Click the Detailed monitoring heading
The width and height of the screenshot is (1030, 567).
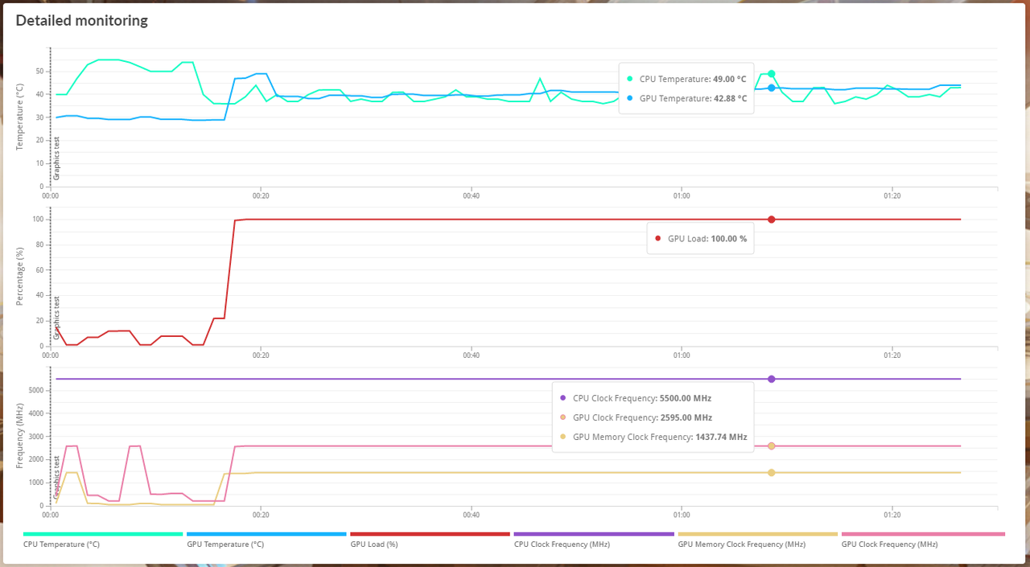(x=81, y=21)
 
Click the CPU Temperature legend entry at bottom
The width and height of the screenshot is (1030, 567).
(x=61, y=544)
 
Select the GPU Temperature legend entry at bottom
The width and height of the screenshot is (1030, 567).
(x=225, y=544)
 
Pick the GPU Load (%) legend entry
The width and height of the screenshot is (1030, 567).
(x=374, y=544)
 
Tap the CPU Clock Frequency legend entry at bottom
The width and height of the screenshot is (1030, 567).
(x=562, y=544)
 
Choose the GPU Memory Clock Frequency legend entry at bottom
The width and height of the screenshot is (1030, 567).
(x=741, y=544)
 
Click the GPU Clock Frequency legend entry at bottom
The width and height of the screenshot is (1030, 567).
(x=889, y=544)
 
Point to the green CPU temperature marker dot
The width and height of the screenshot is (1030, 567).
(x=772, y=74)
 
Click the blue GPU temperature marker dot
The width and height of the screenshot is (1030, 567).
(x=772, y=88)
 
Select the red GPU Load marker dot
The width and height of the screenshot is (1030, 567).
(x=772, y=220)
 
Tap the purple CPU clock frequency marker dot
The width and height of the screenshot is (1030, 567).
(x=772, y=379)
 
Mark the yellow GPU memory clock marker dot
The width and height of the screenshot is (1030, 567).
(x=772, y=473)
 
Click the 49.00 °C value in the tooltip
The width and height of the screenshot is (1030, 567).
(x=730, y=80)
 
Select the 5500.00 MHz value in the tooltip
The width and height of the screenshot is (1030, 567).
(x=685, y=398)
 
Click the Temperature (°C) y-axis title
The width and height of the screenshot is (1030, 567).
(x=20, y=117)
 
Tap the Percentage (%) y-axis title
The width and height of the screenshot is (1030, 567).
(x=20, y=276)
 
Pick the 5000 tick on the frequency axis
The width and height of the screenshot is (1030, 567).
(x=37, y=391)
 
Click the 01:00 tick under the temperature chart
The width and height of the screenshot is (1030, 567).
(x=682, y=195)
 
